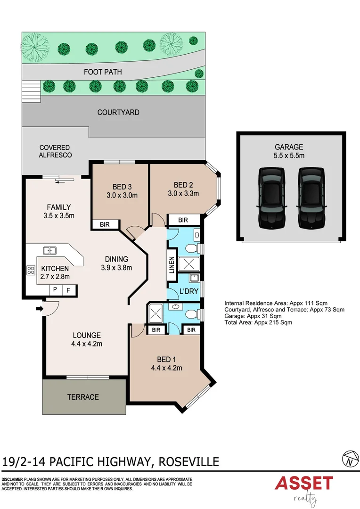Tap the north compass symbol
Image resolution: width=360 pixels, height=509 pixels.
tap(349, 458)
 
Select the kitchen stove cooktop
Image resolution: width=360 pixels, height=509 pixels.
tap(31, 271)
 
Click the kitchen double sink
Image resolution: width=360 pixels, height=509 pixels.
tap(49, 251)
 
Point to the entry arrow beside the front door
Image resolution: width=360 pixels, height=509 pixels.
tap(38, 309)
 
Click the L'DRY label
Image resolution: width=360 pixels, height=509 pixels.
tap(188, 291)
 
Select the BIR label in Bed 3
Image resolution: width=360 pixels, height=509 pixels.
tap(104, 225)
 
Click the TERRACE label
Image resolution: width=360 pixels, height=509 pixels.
tap(83, 397)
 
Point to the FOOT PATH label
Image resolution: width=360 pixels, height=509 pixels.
tap(103, 72)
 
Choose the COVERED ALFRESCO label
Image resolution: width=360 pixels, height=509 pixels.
tap(55, 151)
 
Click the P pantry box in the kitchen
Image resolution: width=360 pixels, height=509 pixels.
tap(55, 290)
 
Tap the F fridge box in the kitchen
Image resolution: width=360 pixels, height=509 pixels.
tap(68, 290)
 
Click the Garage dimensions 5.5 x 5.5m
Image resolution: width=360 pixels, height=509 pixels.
tap(289, 156)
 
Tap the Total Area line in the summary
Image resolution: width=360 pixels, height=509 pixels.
tap(258, 323)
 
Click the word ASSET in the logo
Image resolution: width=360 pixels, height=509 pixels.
tap(304, 484)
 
